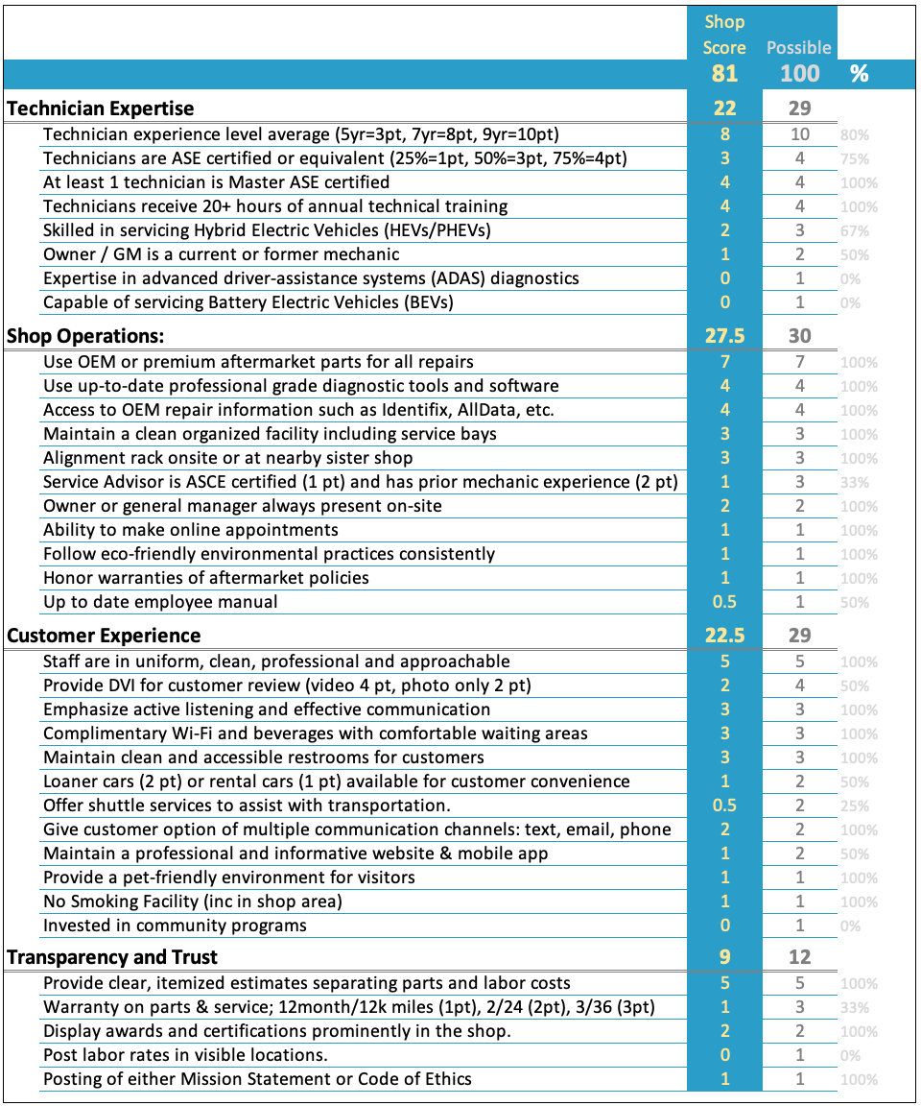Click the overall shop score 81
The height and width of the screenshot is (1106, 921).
(x=724, y=73)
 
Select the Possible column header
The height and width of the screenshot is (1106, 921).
(x=798, y=47)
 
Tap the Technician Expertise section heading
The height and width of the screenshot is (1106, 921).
(x=101, y=108)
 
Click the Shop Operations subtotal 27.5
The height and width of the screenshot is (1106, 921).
(x=724, y=336)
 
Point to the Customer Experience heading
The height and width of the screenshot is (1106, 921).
(x=104, y=636)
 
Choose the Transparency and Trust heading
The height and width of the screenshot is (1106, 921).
(x=112, y=957)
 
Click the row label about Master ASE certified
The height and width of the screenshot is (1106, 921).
(x=216, y=182)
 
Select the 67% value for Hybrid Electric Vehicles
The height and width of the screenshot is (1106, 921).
(x=854, y=231)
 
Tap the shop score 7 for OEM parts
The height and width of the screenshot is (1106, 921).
(x=724, y=362)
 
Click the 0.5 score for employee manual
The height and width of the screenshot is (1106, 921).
(x=724, y=602)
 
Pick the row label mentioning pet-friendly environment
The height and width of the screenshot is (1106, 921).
(x=228, y=878)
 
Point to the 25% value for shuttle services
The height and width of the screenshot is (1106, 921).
(x=854, y=806)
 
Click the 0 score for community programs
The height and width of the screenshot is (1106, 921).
(x=724, y=926)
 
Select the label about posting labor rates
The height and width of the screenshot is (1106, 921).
(x=185, y=1055)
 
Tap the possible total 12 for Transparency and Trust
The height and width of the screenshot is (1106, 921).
(x=799, y=957)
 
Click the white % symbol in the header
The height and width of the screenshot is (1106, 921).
(x=859, y=74)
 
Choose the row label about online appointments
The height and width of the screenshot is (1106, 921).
(x=190, y=530)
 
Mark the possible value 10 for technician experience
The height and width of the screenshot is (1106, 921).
(x=799, y=134)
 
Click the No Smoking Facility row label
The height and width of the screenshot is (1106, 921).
(x=192, y=902)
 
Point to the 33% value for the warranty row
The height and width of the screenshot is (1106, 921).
(x=854, y=1008)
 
